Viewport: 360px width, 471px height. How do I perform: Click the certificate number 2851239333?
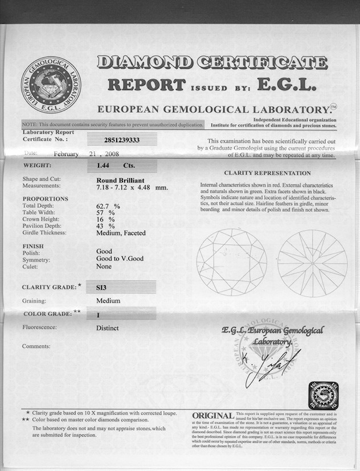[122, 139]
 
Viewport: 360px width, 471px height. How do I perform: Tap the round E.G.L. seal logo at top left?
[51, 85]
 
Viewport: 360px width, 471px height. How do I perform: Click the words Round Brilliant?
[120, 179]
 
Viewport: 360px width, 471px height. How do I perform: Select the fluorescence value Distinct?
[108, 328]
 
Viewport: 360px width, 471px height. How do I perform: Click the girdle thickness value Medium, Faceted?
[121, 233]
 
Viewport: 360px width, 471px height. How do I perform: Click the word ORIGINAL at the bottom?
[213, 416]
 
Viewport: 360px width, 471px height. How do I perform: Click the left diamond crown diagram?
[232, 262]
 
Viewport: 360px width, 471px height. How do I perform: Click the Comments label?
[36, 346]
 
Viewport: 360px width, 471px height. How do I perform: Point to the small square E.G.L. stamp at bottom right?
[323, 395]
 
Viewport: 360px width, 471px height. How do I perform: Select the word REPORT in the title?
[146, 85]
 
